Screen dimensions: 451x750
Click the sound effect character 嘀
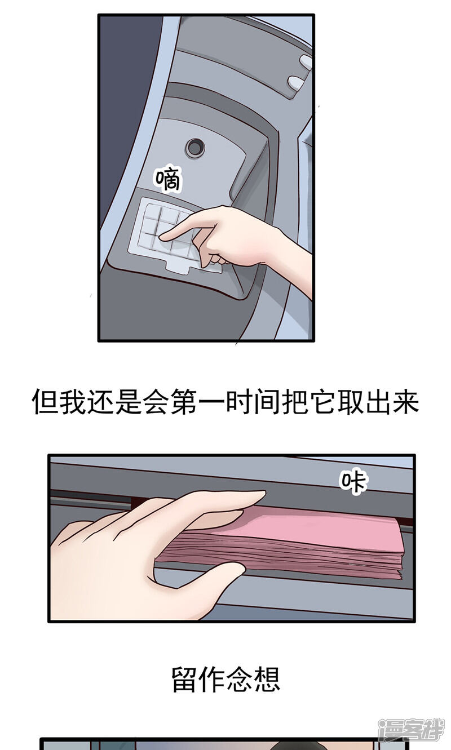(168, 179)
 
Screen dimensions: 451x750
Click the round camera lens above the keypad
(195, 147)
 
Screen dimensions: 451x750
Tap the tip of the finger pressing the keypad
(161, 237)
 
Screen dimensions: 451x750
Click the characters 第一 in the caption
(198, 401)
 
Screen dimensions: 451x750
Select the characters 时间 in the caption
(253, 401)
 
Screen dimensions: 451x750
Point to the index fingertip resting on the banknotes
(260, 495)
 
